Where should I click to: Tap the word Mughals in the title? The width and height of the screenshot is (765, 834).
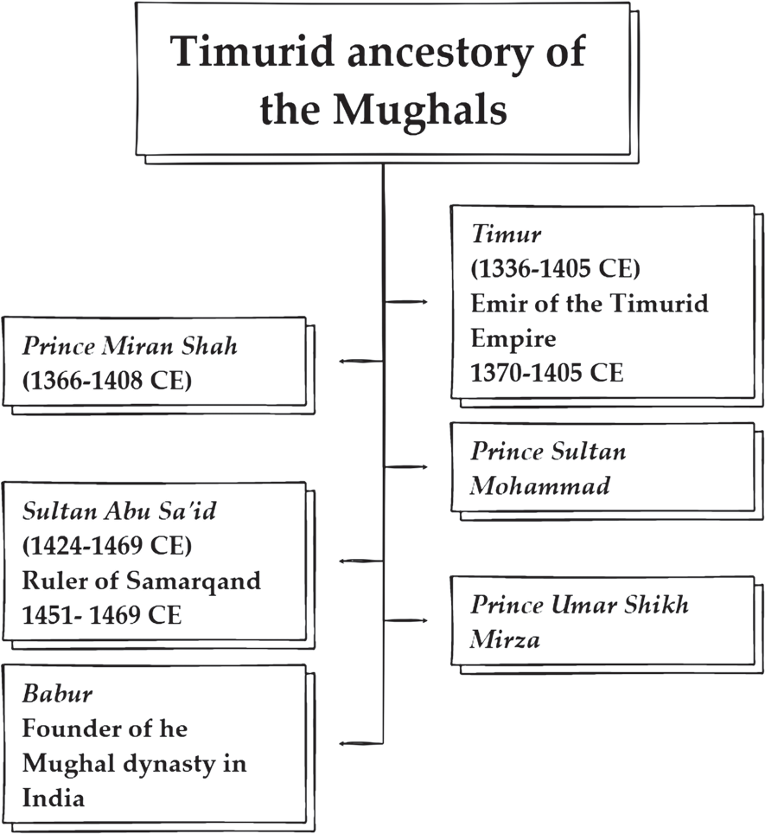click(x=420, y=110)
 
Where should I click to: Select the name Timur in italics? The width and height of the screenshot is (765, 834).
click(x=506, y=234)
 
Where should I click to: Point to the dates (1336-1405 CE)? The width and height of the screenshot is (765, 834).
click(x=555, y=268)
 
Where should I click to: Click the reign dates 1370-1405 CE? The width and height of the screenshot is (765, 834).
click(x=546, y=372)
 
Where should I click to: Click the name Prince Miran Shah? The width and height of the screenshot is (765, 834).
click(x=130, y=346)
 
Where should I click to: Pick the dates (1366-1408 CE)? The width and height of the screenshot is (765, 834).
click(x=107, y=381)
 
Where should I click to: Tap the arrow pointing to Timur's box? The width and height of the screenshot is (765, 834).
click(x=405, y=302)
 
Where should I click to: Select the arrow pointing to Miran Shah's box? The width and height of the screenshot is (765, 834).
click(x=361, y=362)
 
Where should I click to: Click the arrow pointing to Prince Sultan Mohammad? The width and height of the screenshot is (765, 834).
click(x=405, y=467)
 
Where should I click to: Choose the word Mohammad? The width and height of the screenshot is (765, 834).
click(x=539, y=485)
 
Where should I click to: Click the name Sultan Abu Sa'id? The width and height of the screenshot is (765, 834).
click(x=119, y=511)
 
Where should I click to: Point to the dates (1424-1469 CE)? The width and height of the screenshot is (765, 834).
click(x=107, y=546)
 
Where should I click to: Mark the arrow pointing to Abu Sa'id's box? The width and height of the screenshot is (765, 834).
click(x=361, y=561)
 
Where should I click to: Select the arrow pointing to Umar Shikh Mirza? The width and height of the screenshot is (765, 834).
click(x=405, y=620)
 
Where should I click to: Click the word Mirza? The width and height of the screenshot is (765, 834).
click(x=505, y=639)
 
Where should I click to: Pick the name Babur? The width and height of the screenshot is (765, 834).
click(x=57, y=694)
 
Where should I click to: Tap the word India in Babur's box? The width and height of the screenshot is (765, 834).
click(x=53, y=799)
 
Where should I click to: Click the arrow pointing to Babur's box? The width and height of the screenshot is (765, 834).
click(x=361, y=743)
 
